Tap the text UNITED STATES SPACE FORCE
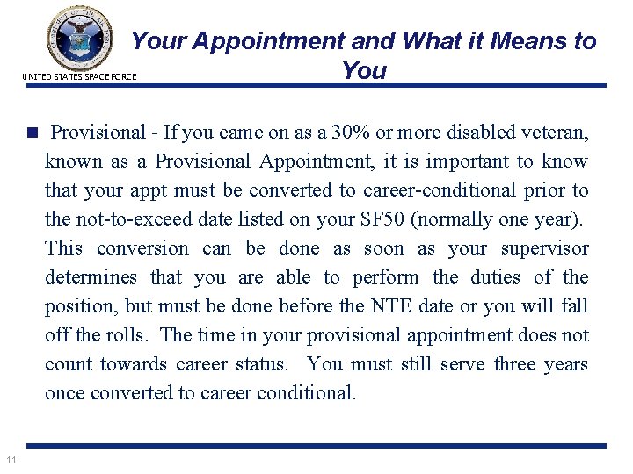coord(78,77)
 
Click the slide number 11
coord(11,459)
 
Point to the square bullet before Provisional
coord(33,133)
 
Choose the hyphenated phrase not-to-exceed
coord(134,219)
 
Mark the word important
coord(465,162)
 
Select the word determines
coord(91,277)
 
